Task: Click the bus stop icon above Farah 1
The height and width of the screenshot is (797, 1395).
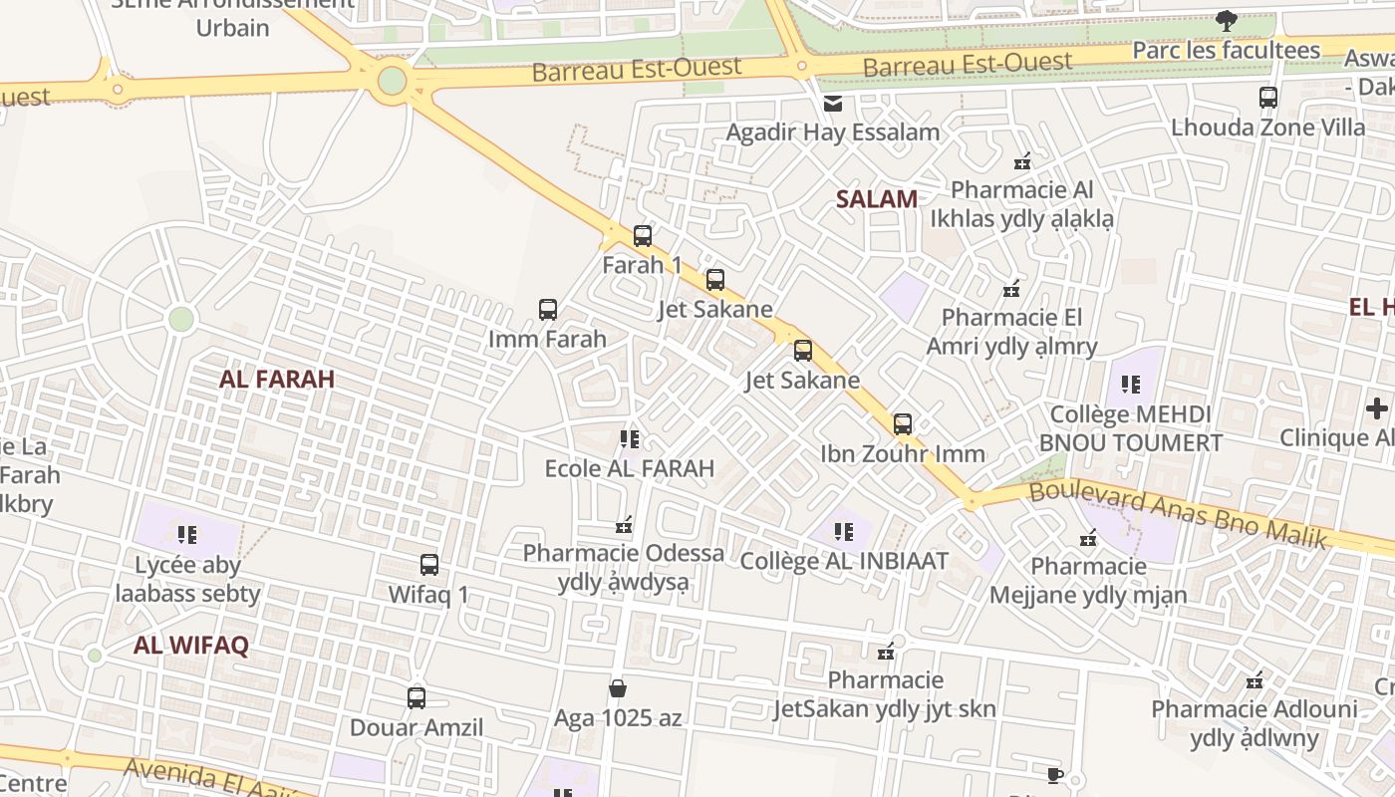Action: click(643, 236)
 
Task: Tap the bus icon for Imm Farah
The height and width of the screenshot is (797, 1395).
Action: click(548, 310)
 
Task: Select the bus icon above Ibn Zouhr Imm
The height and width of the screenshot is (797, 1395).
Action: click(903, 424)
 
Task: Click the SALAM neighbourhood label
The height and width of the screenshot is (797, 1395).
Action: click(877, 198)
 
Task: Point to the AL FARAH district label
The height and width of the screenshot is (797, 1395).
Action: click(277, 379)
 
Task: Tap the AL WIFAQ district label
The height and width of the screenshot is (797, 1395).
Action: click(191, 645)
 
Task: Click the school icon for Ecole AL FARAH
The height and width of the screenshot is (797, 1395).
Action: click(629, 438)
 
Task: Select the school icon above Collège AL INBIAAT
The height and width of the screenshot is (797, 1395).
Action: click(844, 532)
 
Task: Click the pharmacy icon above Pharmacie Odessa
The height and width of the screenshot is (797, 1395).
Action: click(625, 524)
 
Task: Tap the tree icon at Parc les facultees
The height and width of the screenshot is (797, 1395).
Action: click(1227, 20)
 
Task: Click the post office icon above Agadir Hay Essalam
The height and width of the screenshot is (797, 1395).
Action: click(833, 103)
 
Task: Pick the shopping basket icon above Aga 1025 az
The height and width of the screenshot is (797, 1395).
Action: click(618, 688)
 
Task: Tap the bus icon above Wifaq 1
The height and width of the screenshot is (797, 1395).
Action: click(429, 565)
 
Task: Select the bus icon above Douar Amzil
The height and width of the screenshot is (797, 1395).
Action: click(417, 698)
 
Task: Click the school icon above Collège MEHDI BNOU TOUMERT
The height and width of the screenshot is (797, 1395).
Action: click(1130, 384)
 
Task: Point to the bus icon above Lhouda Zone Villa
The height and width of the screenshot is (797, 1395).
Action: click(1268, 98)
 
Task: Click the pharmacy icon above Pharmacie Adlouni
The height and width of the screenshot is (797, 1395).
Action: click(1255, 681)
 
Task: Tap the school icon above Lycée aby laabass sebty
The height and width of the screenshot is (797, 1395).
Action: click(187, 536)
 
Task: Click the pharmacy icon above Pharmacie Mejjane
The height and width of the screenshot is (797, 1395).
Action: click(1088, 538)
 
